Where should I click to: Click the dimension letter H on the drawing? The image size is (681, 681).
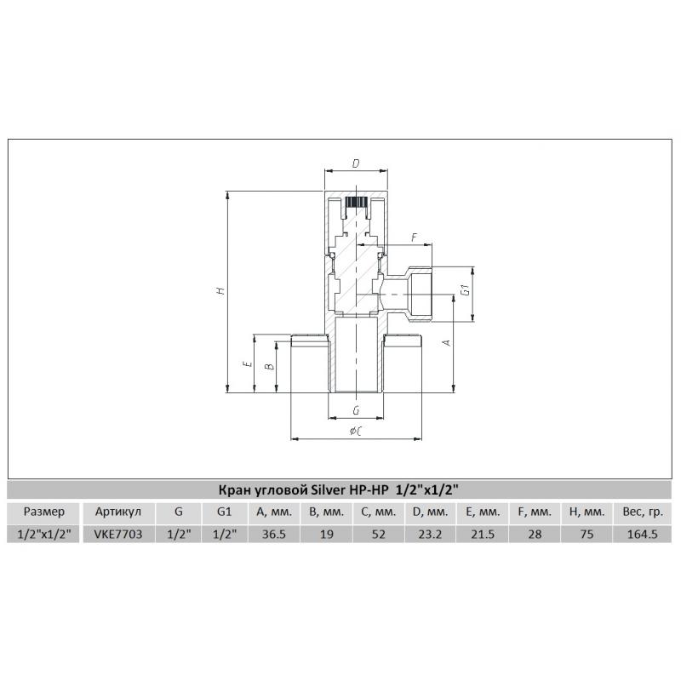221,290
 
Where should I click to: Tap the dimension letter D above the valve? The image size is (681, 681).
356,163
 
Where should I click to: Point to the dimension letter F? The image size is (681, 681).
415,237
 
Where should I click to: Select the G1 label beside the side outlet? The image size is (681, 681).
466,289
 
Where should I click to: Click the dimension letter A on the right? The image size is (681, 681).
447,343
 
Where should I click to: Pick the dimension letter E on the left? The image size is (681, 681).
248,363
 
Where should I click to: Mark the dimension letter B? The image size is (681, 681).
270,366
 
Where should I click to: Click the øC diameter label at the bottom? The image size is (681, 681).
356,431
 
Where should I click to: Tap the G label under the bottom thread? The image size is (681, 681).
356,410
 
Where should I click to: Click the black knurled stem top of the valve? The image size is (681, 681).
356,203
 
